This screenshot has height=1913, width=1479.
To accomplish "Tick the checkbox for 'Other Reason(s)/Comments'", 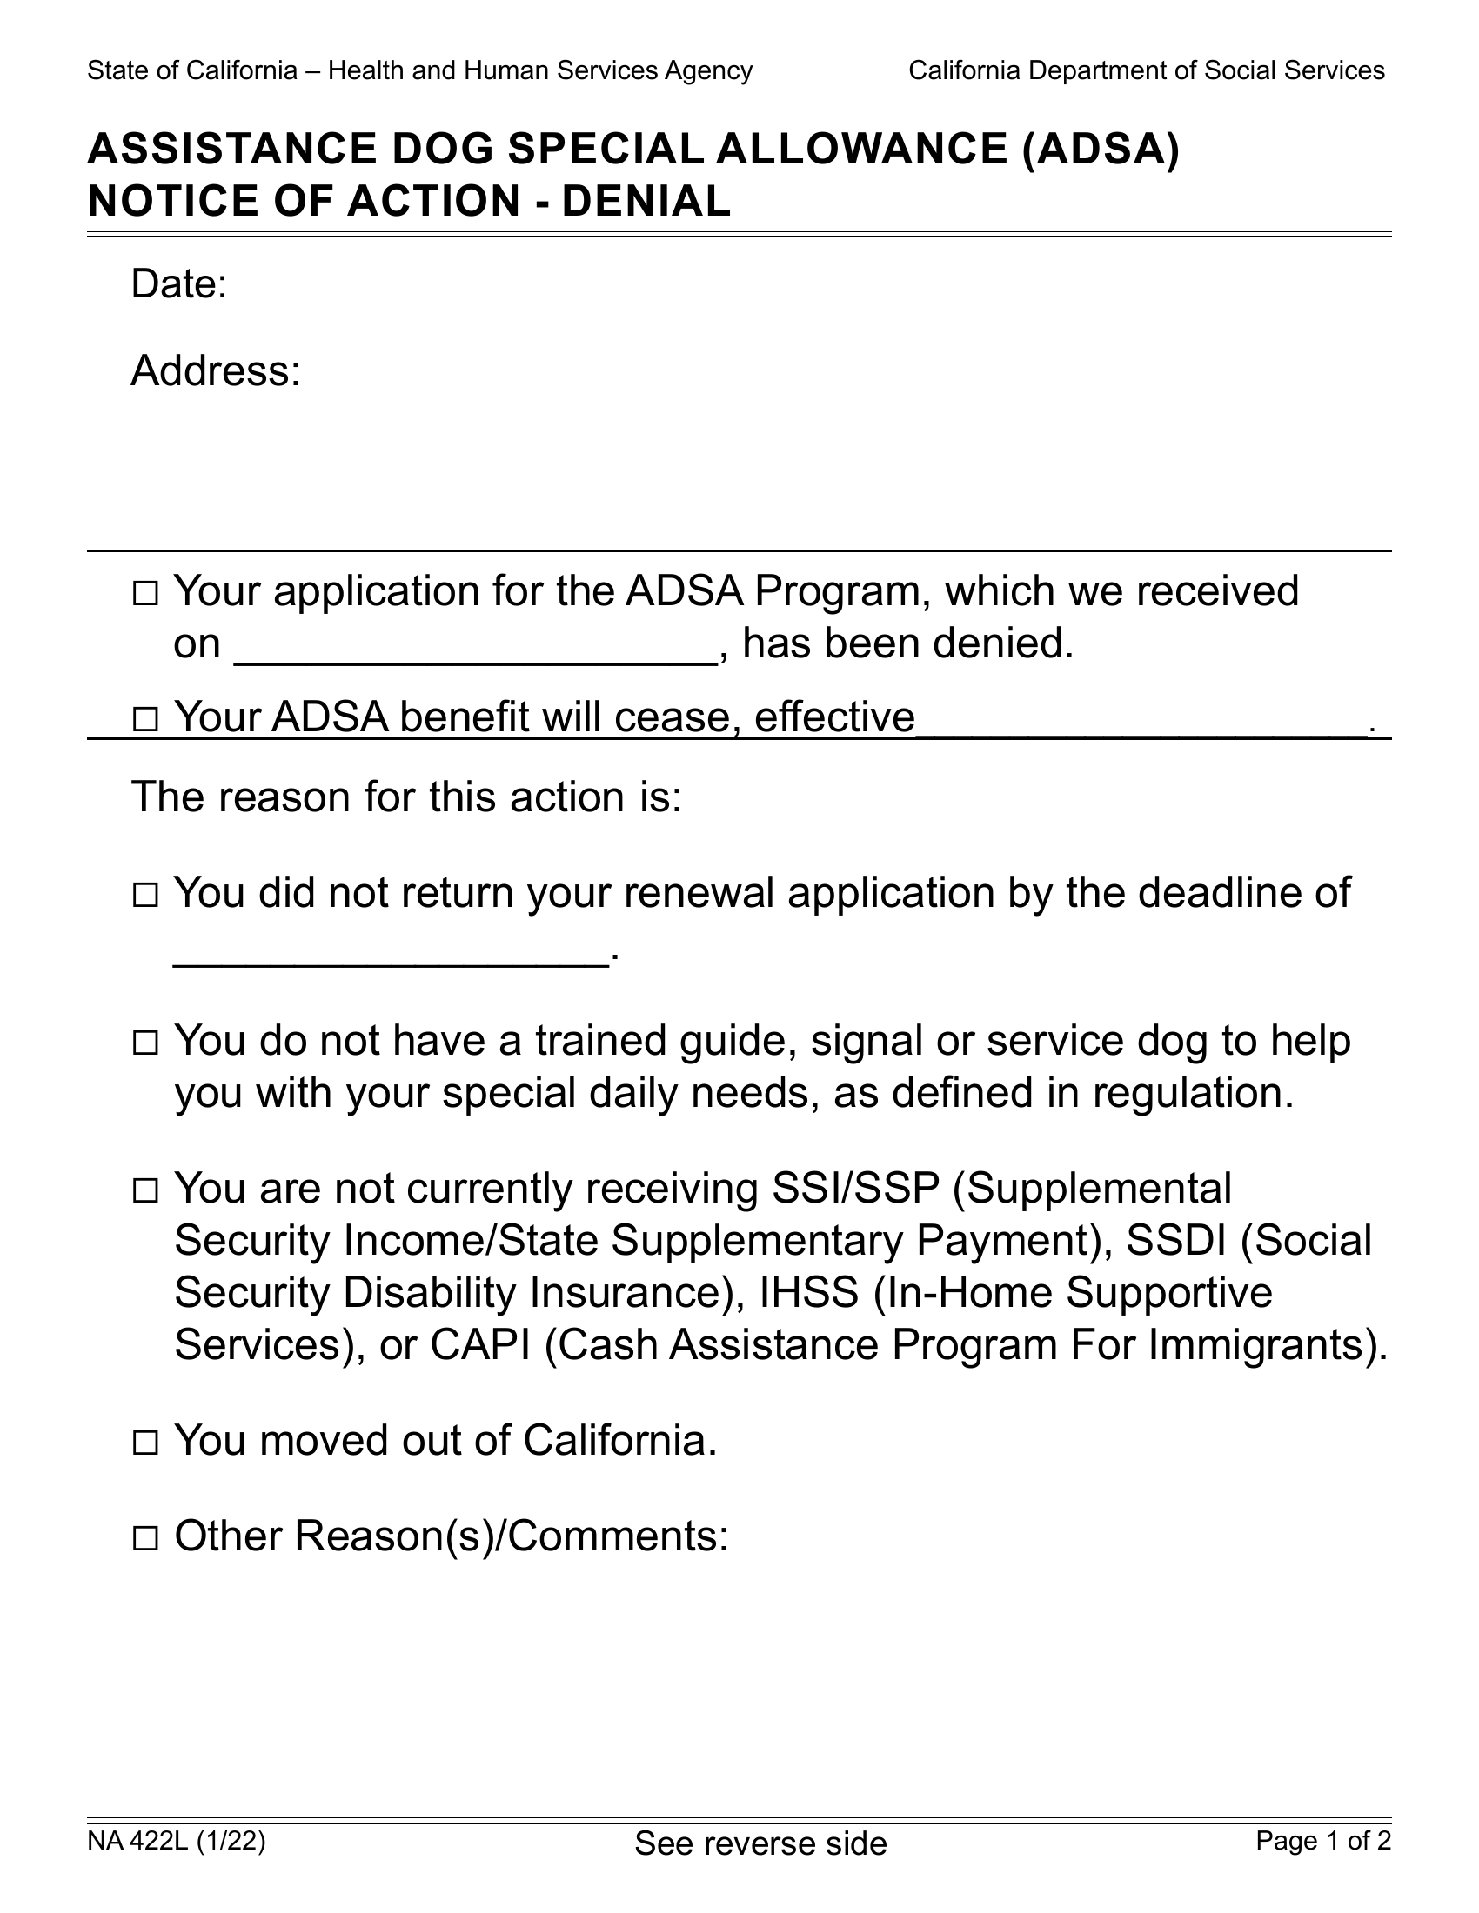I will point(144,1539).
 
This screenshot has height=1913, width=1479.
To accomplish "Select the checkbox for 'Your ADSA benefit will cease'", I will point(144,720).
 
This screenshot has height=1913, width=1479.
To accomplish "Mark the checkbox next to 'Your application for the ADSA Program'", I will point(144,595).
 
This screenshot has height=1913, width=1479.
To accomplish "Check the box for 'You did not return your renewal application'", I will point(144,896).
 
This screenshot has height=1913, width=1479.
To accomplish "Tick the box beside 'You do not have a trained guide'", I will point(144,1043).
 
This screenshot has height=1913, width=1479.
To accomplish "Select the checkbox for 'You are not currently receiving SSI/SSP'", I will point(144,1191).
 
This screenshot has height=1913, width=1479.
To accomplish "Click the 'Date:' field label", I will point(178,284).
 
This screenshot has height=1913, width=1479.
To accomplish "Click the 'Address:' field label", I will point(216,371).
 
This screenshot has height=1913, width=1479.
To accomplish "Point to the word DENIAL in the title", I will point(646,202).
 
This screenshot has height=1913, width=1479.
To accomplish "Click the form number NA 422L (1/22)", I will point(176,1841).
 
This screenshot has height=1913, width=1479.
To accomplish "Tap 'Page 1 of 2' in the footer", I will point(1323,1841).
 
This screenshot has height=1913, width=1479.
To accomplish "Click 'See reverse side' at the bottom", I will point(760,1843).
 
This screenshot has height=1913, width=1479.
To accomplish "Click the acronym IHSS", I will point(809,1293).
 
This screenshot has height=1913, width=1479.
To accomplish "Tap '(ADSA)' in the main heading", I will point(1101,149).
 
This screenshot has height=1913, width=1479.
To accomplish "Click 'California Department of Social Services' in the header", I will point(1146,71).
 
